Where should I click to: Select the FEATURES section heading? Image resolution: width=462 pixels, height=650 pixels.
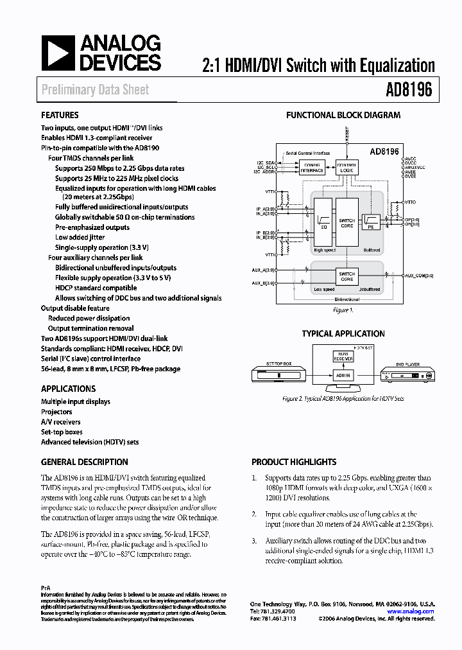(x=60, y=116)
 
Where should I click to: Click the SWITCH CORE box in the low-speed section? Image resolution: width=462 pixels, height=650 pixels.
(x=346, y=276)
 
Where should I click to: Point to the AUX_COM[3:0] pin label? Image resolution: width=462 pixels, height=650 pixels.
(x=420, y=275)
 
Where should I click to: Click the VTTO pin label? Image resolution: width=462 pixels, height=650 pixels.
(x=411, y=202)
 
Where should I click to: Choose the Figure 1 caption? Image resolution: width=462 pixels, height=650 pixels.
(x=343, y=310)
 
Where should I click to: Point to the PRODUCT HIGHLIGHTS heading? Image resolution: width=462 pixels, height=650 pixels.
(x=294, y=462)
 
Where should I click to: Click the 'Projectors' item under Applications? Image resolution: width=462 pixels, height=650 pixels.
(x=56, y=412)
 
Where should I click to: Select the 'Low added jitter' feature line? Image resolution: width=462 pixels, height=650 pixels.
(x=79, y=238)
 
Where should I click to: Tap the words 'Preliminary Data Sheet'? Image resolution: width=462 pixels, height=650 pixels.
(x=95, y=90)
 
